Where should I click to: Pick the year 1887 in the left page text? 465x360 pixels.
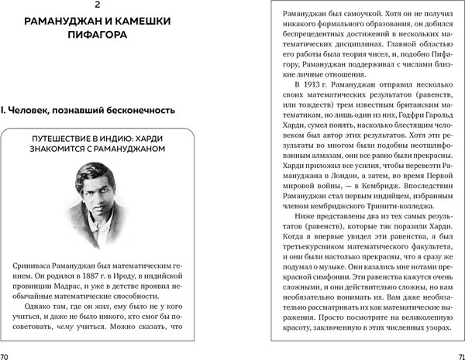(x=113, y=278)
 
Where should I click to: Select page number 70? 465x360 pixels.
(x=6, y=355)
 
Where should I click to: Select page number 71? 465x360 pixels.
(x=457, y=355)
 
